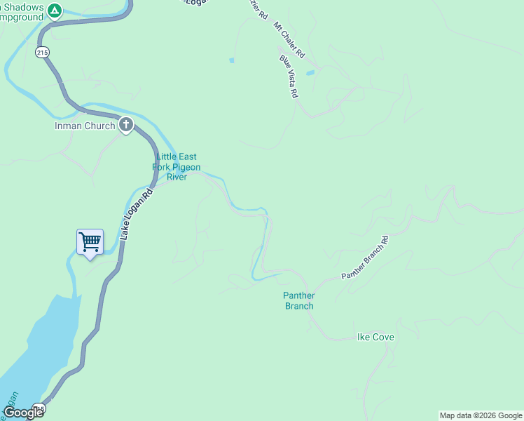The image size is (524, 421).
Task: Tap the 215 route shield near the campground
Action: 42,52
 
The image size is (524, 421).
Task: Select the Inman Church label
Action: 85,126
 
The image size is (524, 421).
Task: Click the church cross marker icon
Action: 126,126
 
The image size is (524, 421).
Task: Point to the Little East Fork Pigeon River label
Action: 177,167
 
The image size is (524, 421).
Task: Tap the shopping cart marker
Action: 90,242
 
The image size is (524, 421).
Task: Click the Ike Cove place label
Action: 375,338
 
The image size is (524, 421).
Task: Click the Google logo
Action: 24,413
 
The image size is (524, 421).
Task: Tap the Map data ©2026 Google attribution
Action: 481,415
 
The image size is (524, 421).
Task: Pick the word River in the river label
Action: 177,177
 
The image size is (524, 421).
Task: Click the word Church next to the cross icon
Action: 101,126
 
